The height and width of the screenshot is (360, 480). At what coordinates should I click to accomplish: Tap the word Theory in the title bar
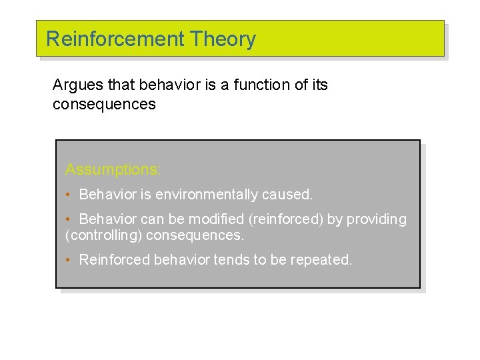[x=223, y=39]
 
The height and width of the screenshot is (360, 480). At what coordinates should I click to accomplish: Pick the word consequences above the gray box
[x=104, y=105]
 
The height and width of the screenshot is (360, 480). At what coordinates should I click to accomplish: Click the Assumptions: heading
[x=113, y=170]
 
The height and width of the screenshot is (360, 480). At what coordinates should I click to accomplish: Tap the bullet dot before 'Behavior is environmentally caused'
[x=68, y=195]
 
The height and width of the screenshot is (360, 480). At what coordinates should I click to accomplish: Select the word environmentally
[x=204, y=195]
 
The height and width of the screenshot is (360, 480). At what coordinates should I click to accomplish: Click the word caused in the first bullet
[x=287, y=195]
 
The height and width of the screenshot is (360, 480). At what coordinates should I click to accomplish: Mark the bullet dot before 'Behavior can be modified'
[x=68, y=219]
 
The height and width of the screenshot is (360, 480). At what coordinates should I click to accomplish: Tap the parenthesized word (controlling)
[x=104, y=235]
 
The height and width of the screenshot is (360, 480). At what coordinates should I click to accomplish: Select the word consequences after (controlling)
[x=195, y=235]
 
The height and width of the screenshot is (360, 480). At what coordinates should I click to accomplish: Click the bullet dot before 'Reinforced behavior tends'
[x=68, y=260]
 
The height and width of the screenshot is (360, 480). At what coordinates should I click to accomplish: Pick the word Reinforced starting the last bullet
[x=115, y=259]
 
